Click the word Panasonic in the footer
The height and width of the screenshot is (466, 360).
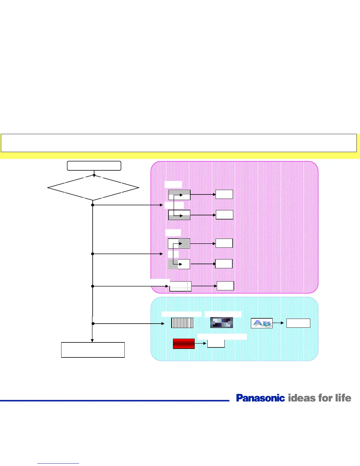[260, 398]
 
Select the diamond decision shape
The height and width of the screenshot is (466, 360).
[93, 188]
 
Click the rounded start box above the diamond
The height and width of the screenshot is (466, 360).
[94, 166]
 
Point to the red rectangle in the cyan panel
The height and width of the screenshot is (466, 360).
[184, 344]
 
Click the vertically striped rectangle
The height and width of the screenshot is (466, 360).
[182, 323]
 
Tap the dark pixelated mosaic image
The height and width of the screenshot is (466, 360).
[221, 322]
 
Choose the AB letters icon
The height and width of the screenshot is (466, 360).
[261, 323]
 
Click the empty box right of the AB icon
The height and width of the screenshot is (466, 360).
[298, 323]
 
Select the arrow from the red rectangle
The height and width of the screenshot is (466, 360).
[201, 343]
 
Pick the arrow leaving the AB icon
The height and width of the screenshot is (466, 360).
[278, 323]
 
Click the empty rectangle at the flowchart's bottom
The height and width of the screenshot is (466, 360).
[93, 350]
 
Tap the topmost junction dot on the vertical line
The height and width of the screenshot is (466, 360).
[93, 205]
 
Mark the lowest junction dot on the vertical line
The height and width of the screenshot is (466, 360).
[93, 323]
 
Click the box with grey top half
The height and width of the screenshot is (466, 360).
[179, 195]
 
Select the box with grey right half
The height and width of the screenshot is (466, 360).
[179, 243]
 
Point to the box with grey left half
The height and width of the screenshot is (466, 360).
[179, 264]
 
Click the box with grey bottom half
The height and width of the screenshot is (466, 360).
[179, 215]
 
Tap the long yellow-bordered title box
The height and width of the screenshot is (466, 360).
[179, 143]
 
